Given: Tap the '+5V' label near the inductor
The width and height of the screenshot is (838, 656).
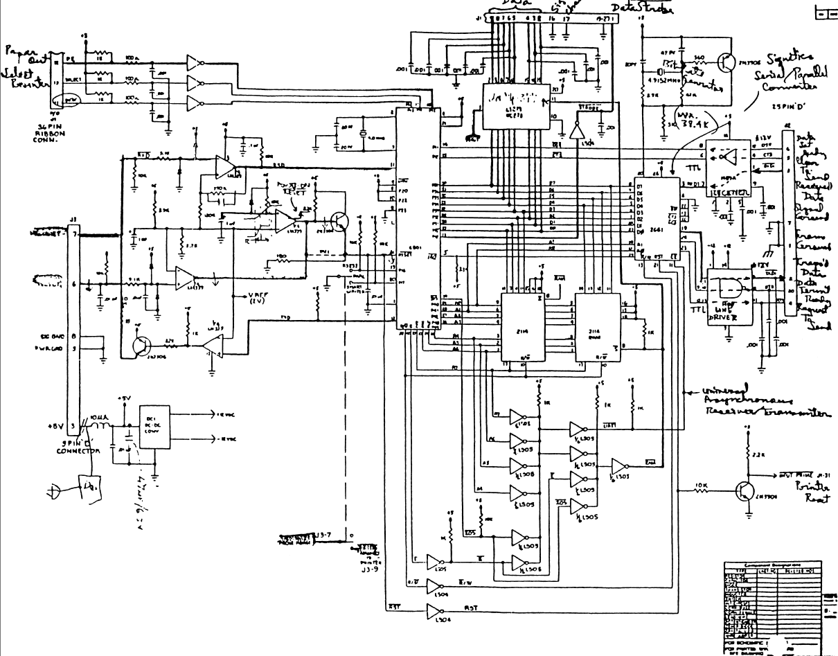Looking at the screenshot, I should pyautogui.click(x=123, y=398).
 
